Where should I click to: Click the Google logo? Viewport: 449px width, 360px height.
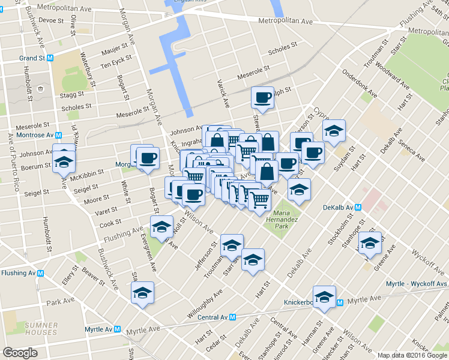(x=20, y=353)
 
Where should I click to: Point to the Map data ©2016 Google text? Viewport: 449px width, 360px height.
(x=412, y=355)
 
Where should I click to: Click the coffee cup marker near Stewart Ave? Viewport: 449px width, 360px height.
(x=262, y=97)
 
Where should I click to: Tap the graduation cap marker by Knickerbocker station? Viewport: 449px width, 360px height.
(x=325, y=297)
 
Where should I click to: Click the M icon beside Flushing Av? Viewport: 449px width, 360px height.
(x=41, y=273)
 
